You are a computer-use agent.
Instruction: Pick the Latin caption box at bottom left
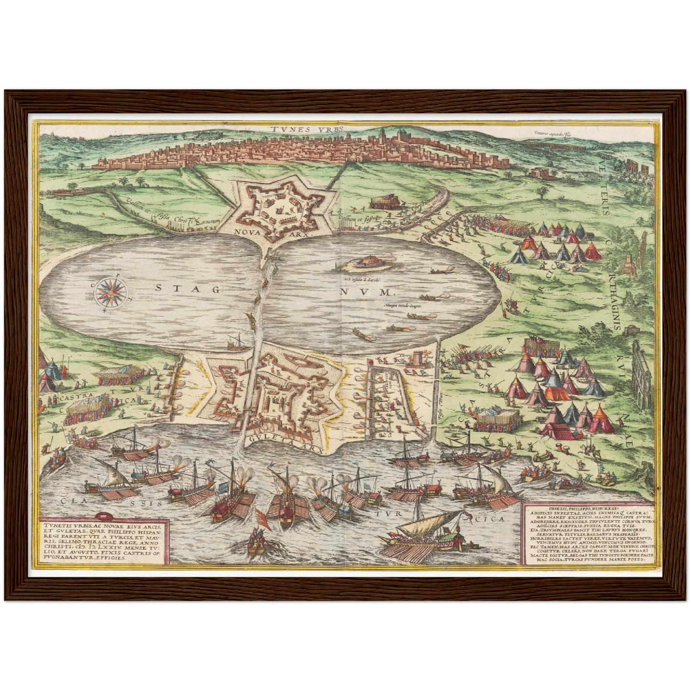(102, 540)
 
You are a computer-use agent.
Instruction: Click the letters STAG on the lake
(187, 288)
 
